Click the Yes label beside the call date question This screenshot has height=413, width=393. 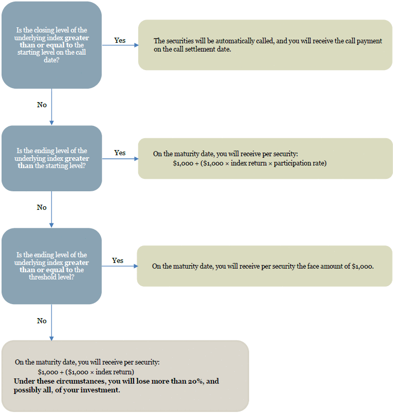click(x=120, y=40)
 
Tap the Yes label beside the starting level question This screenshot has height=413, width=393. click(x=120, y=153)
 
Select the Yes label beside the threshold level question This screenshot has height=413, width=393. click(x=118, y=260)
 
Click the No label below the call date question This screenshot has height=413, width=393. click(x=42, y=105)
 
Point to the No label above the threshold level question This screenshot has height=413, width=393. click(x=42, y=208)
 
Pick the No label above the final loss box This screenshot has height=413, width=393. click(x=42, y=321)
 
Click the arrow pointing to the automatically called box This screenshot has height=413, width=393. click(x=120, y=45)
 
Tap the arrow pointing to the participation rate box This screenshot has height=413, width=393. click(x=120, y=159)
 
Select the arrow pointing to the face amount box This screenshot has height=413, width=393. click(x=120, y=266)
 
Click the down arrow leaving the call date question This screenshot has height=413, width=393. click(x=52, y=107)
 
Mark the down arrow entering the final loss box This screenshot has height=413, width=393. click(x=52, y=322)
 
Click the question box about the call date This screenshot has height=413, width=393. click(x=52, y=45)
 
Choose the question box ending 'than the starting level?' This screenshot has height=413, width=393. click(x=52, y=158)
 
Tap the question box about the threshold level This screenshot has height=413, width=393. click(x=52, y=266)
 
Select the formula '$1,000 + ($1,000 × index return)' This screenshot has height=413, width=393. click(x=86, y=372)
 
